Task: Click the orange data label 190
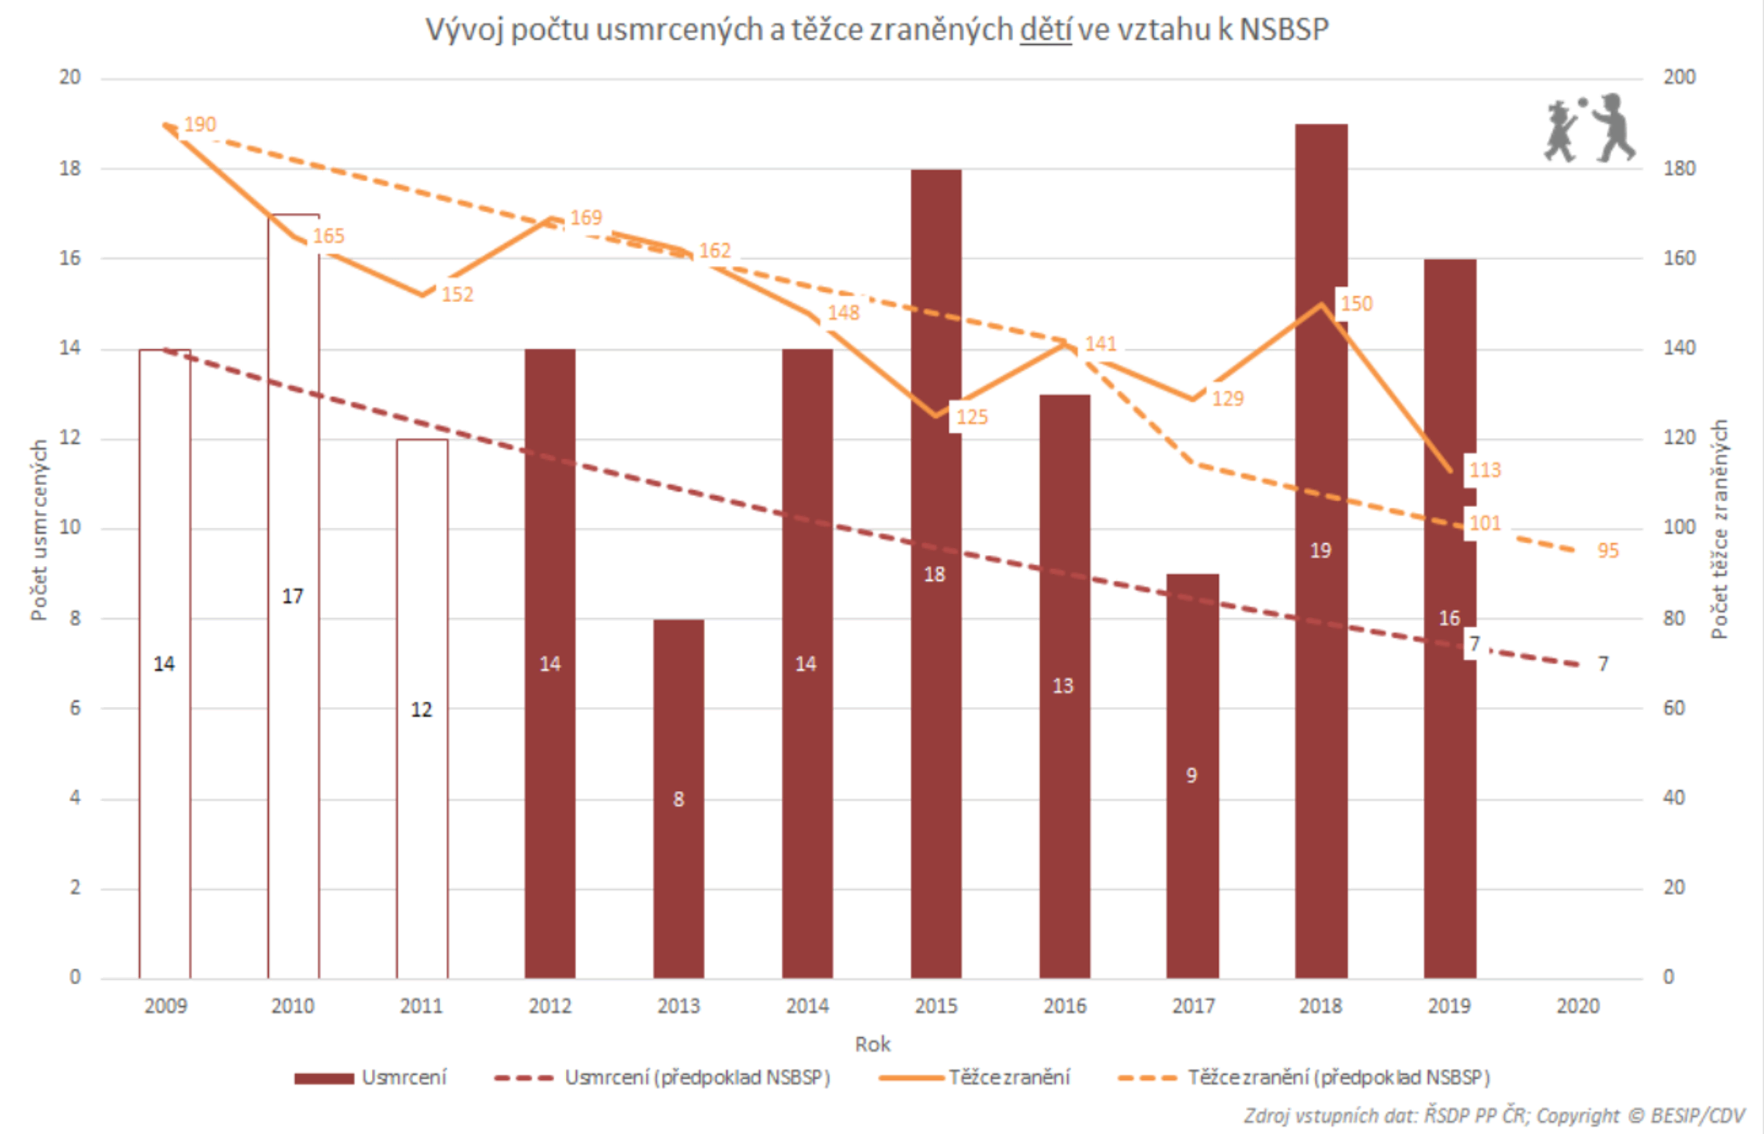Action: click(x=199, y=124)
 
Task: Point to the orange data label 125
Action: click(x=972, y=417)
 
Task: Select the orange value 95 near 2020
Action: click(x=1608, y=550)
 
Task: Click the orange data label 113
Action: click(x=1484, y=470)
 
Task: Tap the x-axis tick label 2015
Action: click(x=936, y=1006)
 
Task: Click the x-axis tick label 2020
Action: click(x=1578, y=1006)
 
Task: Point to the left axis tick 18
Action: click(x=70, y=168)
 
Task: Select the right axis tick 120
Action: click(x=1679, y=438)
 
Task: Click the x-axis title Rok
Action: click(x=872, y=1044)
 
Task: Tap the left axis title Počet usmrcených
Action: click(x=38, y=530)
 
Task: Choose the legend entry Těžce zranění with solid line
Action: click(x=1008, y=1078)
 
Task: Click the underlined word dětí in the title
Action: click(x=1044, y=30)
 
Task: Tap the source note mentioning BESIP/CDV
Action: click(x=1494, y=1116)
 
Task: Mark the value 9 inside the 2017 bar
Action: click(x=1191, y=775)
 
